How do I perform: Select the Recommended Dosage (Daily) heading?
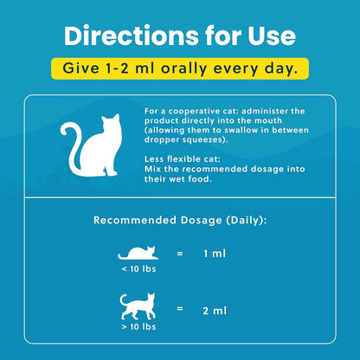180,220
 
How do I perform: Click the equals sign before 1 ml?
180,254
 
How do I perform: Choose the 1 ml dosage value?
224,254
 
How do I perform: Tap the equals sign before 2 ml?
180,308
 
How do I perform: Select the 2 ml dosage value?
224,308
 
